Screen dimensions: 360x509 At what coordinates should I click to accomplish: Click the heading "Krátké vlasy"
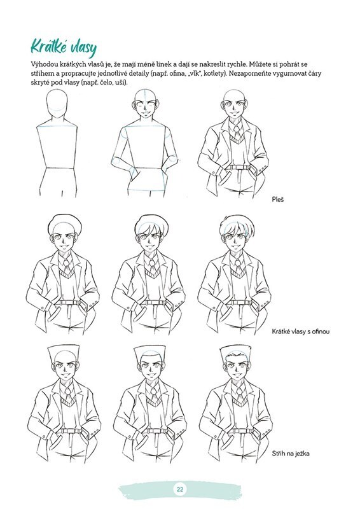[64, 48]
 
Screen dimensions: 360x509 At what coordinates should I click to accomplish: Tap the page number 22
[180, 489]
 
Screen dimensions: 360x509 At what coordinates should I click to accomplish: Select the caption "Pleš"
[278, 199]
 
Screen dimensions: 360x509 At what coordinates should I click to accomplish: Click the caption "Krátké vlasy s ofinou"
[301, 331]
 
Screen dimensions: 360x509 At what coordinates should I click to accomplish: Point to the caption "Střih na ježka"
[291, 454]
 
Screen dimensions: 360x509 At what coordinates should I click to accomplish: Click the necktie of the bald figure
[237, 132]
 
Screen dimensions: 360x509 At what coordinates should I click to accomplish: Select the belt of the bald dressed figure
[239, 167]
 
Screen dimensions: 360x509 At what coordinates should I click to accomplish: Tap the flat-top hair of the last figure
[235, 353]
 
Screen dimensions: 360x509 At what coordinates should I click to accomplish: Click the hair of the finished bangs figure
[235, 226]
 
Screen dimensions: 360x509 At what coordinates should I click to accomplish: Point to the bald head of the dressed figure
[236, 97]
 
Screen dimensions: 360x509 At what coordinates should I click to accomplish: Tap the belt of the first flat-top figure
[69, 432]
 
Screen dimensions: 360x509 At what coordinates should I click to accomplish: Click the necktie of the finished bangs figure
[238, 264]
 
